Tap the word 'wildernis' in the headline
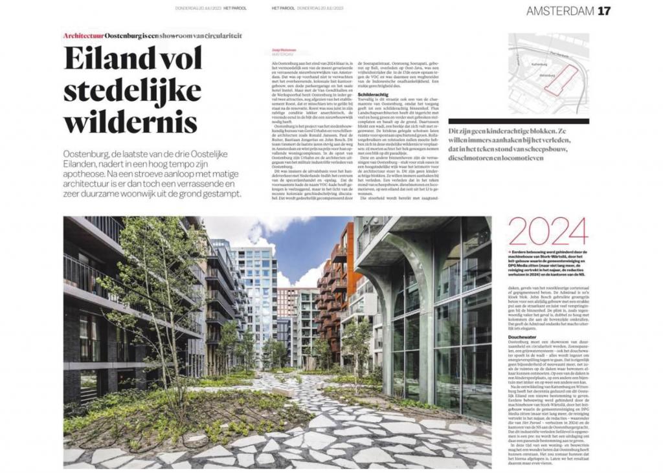point(121,121)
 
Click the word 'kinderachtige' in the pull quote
point(511,132)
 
